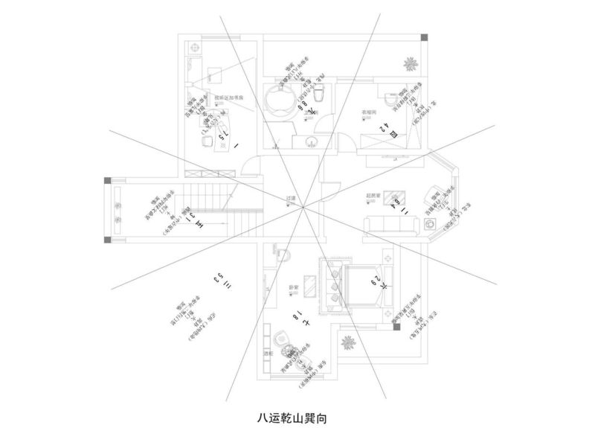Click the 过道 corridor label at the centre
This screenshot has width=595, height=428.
[292, 198]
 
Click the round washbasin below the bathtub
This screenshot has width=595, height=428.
[311, 142]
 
